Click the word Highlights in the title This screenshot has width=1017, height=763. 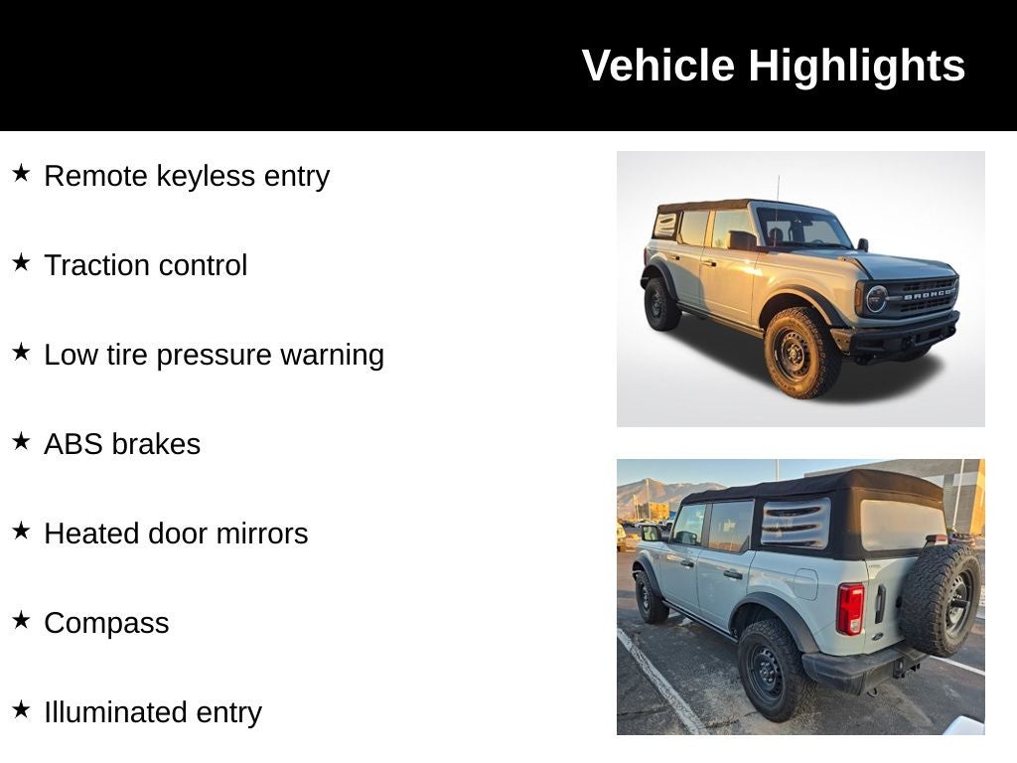click(856, 67)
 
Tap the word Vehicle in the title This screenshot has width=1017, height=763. click(658, 67)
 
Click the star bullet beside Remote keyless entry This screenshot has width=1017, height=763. click(21, 174)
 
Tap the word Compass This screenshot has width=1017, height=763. click(106, 623)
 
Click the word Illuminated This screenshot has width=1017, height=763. click(114, 712)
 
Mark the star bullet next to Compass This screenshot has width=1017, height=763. click(21, 621)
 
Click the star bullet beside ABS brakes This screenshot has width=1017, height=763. click(21, 442)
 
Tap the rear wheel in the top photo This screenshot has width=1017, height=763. click(661, 304)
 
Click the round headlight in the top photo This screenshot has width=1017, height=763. click(875, 298)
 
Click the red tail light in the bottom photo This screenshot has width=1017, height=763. click(849, 608)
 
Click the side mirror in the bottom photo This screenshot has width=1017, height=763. click(651, 533)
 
